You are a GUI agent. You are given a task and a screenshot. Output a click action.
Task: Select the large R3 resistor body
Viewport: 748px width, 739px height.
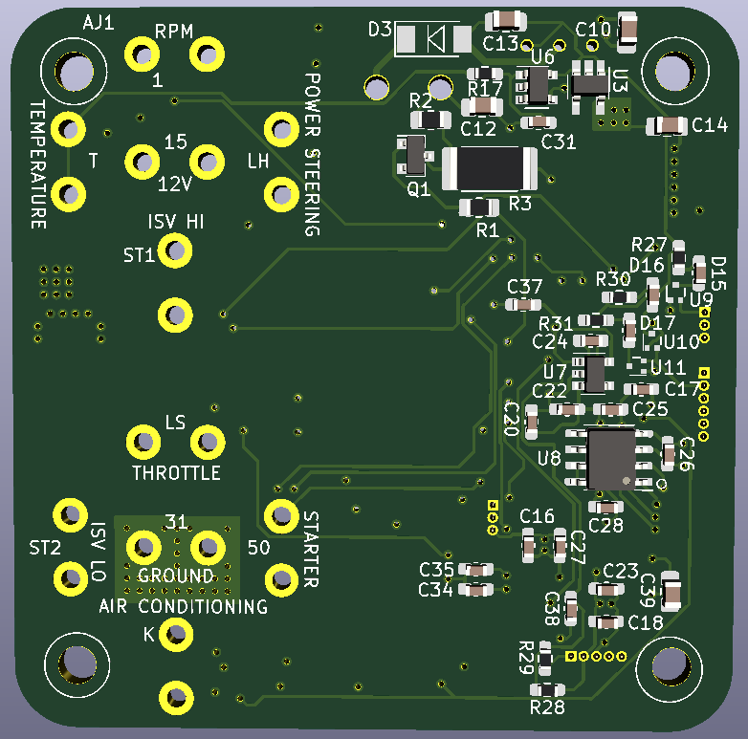488,169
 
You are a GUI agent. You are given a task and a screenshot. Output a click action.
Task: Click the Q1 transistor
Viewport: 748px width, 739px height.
415,153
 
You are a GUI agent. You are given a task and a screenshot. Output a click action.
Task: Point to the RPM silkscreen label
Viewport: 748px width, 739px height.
175,32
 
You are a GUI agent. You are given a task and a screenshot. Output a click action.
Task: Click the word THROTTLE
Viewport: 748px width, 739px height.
176,473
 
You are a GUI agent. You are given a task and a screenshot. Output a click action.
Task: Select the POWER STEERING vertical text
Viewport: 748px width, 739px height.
312,153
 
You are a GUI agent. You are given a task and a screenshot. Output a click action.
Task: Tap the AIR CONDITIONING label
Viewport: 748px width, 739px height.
184,607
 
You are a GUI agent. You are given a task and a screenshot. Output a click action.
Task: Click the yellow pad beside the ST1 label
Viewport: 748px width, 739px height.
175,252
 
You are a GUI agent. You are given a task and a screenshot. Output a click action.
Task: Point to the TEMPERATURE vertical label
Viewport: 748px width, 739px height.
37,164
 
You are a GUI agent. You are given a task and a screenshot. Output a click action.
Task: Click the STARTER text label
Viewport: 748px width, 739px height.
312,549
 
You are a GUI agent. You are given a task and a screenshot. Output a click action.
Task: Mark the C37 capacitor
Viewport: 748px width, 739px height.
523,304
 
